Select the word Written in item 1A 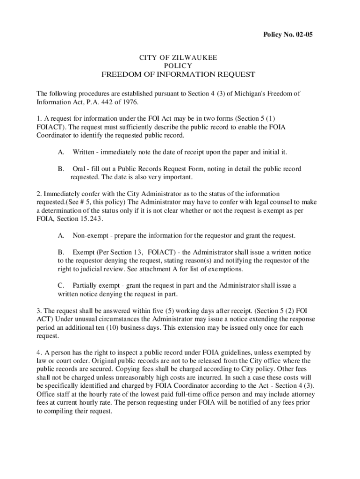click(x=84, y=152)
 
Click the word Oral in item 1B click(x=79, y=169)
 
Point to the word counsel click(x=277, y=202)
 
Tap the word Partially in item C click(x=86, y=286)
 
